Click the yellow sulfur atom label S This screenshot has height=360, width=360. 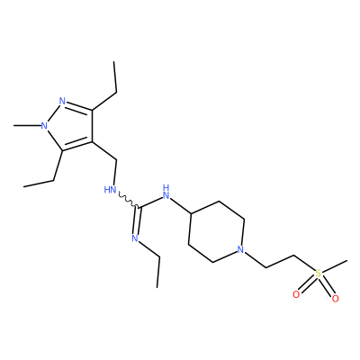click(319, 274)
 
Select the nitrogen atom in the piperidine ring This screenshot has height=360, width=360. click(240, 249)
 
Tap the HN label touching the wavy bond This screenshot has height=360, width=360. click(110, 190)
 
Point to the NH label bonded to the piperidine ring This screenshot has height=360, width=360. click(166, 193)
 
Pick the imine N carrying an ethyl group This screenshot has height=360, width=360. click(135, 238)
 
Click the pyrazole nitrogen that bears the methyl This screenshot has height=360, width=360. click(44, 125)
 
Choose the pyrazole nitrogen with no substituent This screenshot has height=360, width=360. click(62, 101)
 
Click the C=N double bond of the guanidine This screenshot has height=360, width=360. click(137, 220)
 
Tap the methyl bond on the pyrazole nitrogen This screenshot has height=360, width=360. click(27, 125)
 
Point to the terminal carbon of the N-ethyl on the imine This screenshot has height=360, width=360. click(157, 287)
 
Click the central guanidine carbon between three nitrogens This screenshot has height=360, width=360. click(139, 207)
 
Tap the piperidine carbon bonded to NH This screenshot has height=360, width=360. click(190, 213)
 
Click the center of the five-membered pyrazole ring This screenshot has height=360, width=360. click(70, 125)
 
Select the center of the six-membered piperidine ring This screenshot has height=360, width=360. click(216, 231)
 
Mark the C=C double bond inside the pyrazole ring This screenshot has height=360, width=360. click(76, 145)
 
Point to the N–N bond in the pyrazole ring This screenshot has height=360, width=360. click(53, 113)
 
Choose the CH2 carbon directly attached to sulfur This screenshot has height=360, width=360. click(294, 256)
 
